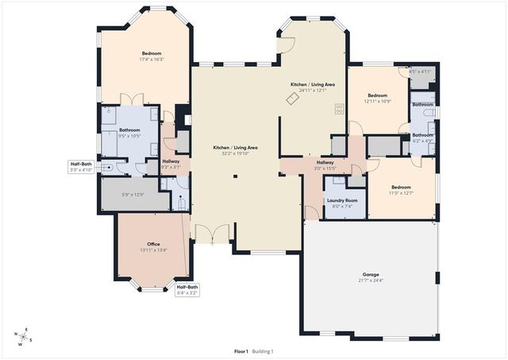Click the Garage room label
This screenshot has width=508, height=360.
click(x=371, y=273)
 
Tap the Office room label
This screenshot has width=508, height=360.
click(x=154, y=243)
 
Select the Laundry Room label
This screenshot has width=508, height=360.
click(x=342, y=200)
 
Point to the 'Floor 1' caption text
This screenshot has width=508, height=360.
click(x=241, y=350)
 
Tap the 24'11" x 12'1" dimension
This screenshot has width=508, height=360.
click(x=312, y=90)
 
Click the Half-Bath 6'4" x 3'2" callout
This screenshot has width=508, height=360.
click(x=187, y=289)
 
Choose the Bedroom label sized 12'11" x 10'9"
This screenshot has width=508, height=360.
click(x=377, y=95)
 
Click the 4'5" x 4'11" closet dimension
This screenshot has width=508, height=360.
click(x=419, y=72)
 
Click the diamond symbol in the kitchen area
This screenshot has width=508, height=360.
click(x=292, y=98)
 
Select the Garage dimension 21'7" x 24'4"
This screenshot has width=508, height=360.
click(x=371, y=280)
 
